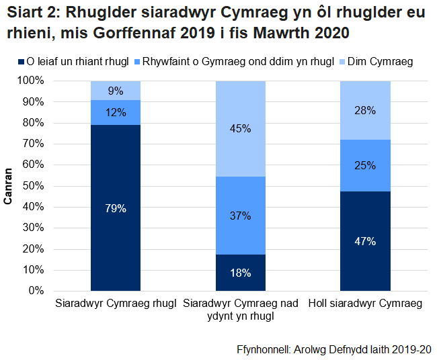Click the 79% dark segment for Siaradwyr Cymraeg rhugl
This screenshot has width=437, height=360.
click(116, 208)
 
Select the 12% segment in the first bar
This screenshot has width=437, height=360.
click(116, 112)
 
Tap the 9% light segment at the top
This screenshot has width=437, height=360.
click(116, 91)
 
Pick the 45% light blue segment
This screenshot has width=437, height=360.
click(240, 128)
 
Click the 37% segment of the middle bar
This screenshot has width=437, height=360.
click(240, 216)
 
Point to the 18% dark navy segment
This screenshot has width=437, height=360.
click(240, 273)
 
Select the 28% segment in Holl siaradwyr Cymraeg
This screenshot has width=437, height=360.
click(365, 110)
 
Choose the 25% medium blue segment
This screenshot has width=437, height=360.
click(365, 165)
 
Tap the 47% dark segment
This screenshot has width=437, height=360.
click(365, 241)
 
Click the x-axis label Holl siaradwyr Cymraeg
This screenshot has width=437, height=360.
click(365, 304)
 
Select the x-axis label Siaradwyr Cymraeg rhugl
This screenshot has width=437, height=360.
click(116, 304)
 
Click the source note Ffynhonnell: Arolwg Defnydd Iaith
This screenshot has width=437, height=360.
click(333, 350)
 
